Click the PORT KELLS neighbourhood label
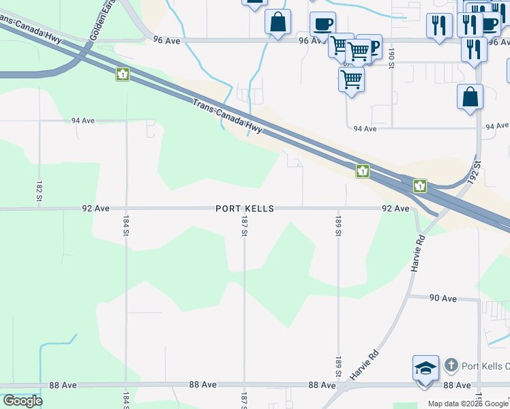245,209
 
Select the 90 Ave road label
442,298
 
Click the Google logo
22,401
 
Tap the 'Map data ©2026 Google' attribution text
468,404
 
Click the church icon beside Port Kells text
450,365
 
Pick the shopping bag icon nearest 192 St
470,97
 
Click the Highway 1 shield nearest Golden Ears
123,74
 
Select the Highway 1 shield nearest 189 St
363,171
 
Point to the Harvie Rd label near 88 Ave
364,366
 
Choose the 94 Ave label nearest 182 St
83,121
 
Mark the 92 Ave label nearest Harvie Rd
395,209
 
